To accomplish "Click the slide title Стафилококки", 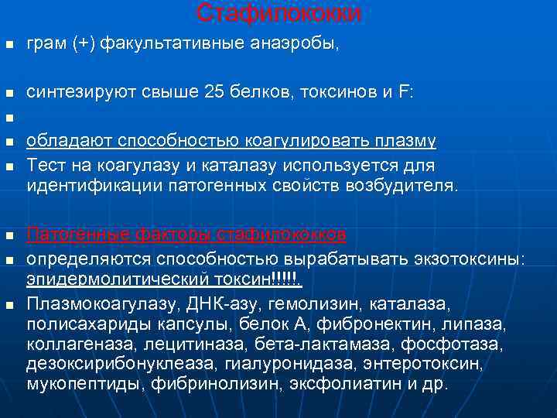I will coord(278,12).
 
